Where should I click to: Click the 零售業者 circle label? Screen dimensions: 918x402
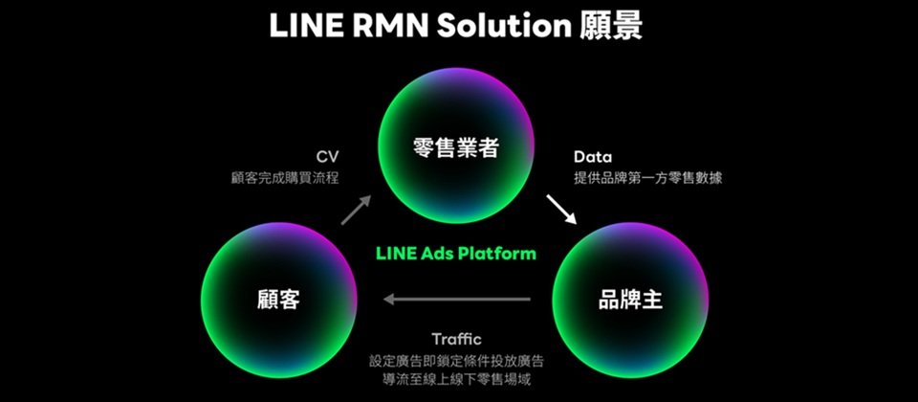(x=455, y=147)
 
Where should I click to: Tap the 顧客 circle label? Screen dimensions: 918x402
(x=278, y=300)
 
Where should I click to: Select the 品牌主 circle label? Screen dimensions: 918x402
(x=630, y=300)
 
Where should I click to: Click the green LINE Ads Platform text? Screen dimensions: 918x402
(x=456, y=253)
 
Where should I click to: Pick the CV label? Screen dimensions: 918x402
(x=327, y=157)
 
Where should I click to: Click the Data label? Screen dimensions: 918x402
(x=593, y=157)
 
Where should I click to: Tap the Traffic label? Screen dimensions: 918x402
(x=457, y=339)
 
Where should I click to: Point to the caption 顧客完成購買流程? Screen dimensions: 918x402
(x=285, y=178)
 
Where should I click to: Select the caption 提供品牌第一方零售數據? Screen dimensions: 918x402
(x=647, y=178)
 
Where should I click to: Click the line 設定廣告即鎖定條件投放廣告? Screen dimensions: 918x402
(x=456, y=361)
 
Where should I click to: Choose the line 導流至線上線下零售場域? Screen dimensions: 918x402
(x=456, y=379)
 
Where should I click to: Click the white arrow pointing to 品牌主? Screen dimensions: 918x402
(x=561, y=210)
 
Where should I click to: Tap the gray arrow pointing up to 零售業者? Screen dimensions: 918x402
(x=356, y=210)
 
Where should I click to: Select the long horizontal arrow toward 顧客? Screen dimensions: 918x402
(x=457, y=300)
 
